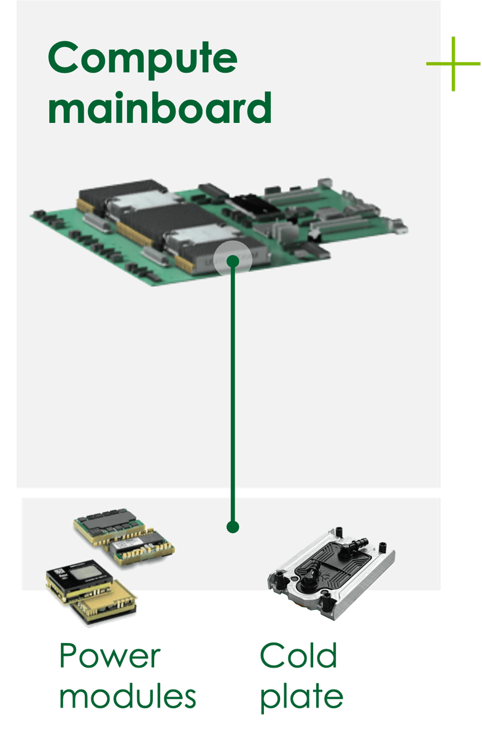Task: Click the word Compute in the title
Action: click(142, 58)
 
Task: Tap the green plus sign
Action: click(453, 64)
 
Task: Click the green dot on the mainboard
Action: click(232, 262)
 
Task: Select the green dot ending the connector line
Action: click(232, 527)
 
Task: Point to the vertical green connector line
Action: click(232, 393)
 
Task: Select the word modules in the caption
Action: click(128, 697)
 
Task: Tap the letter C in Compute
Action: click(64, 58)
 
